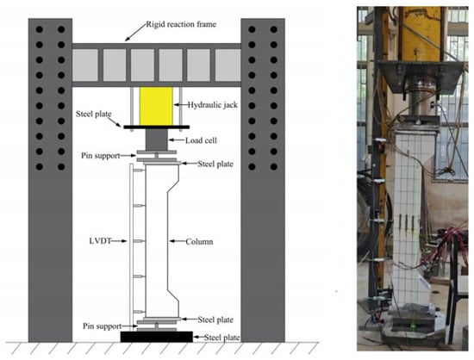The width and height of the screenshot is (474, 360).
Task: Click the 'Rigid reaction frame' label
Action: [181, 24]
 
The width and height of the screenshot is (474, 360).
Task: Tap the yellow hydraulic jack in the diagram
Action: [156, 106]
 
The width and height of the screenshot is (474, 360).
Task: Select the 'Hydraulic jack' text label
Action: [213, 105]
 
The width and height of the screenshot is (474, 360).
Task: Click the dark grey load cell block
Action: [156, 140]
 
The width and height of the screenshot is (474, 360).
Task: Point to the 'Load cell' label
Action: [201, 140]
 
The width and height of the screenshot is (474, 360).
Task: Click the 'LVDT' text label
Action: [100, 241]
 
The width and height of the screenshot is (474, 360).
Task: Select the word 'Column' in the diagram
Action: [199, 242]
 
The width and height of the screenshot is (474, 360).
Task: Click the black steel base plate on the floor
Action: [157, 337]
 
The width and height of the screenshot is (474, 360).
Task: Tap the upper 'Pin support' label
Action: [100, 156]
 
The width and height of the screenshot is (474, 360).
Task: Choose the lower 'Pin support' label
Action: [103, 326]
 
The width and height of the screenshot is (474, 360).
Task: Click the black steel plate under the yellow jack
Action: [157, 127]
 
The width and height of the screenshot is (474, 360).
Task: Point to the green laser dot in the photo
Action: [412, 326]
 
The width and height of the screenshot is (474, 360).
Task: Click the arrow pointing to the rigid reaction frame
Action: [135, 33]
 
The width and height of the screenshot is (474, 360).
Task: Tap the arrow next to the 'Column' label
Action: [177, 241]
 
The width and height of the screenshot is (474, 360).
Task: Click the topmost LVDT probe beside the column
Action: [139, 171]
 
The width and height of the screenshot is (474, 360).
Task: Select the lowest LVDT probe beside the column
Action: [139, 312]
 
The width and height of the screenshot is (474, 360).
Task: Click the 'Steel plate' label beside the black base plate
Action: [222, 338]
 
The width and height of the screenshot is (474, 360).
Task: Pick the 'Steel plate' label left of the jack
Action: [94, 114]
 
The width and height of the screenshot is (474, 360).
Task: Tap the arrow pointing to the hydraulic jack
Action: [180, 105]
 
